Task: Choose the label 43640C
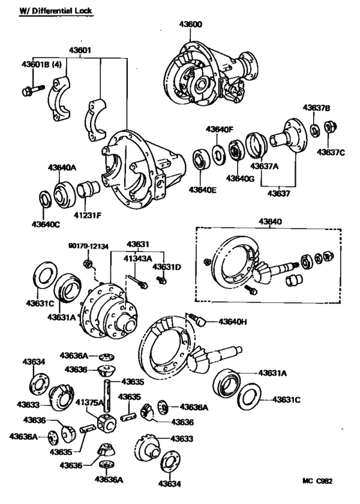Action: [46, 224]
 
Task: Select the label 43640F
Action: [220, 129]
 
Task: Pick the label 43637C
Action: [330, 152]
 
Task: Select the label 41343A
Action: [138, 257]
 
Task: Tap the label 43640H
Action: [234, 321]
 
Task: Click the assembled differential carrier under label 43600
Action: [209, 74]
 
